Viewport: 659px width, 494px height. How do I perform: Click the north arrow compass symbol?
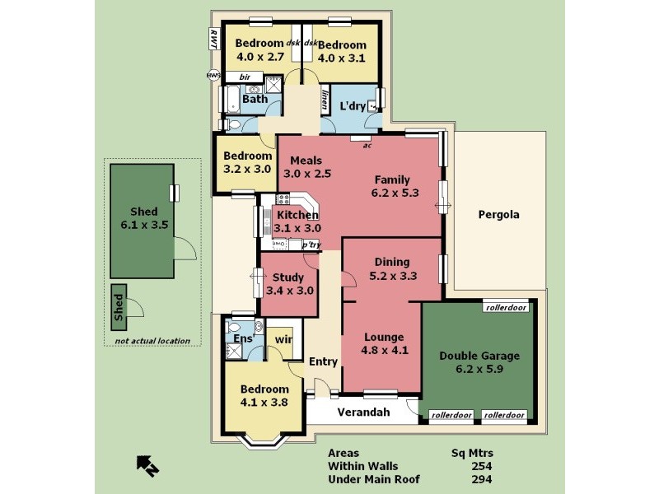pos(147,467)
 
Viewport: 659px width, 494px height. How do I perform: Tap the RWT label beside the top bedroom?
pos(213,39)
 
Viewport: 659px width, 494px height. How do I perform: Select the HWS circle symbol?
pos(213,76)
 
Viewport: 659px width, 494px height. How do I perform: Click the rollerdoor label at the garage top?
pos(505,308)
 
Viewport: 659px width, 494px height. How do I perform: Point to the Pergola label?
pos(499,215)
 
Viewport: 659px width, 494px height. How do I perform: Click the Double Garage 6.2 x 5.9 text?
pos(479,363)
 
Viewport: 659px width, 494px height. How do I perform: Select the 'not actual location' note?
pos(152,341)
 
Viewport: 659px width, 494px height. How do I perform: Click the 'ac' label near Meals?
pos(367,145)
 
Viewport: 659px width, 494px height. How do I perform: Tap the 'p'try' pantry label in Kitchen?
pos(311,245)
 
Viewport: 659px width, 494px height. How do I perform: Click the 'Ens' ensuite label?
pos(242,338)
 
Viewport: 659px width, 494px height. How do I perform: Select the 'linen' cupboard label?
pos(325,100)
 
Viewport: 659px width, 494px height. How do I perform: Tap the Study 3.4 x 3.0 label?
pos(288,284)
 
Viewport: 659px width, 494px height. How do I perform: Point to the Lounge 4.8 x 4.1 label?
pos(383,343)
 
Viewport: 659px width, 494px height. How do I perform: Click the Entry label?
pos(323,361)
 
